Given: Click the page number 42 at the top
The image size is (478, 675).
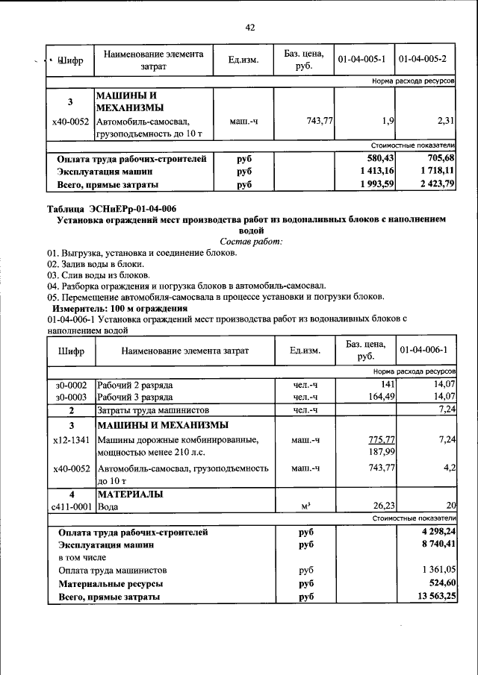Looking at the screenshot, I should coord(250,28).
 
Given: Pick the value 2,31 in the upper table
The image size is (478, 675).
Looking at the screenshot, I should coord(445,120).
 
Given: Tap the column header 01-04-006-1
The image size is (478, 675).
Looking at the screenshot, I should coord(423,350).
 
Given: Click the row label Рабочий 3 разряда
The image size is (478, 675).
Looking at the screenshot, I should coord(135,397).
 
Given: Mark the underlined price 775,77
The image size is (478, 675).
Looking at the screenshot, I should coord(382,440).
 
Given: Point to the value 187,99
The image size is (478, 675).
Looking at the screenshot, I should coord(382,452).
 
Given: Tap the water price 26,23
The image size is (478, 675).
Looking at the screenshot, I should coord(384,506).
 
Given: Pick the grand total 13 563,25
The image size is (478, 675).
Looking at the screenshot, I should coord(435,597).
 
